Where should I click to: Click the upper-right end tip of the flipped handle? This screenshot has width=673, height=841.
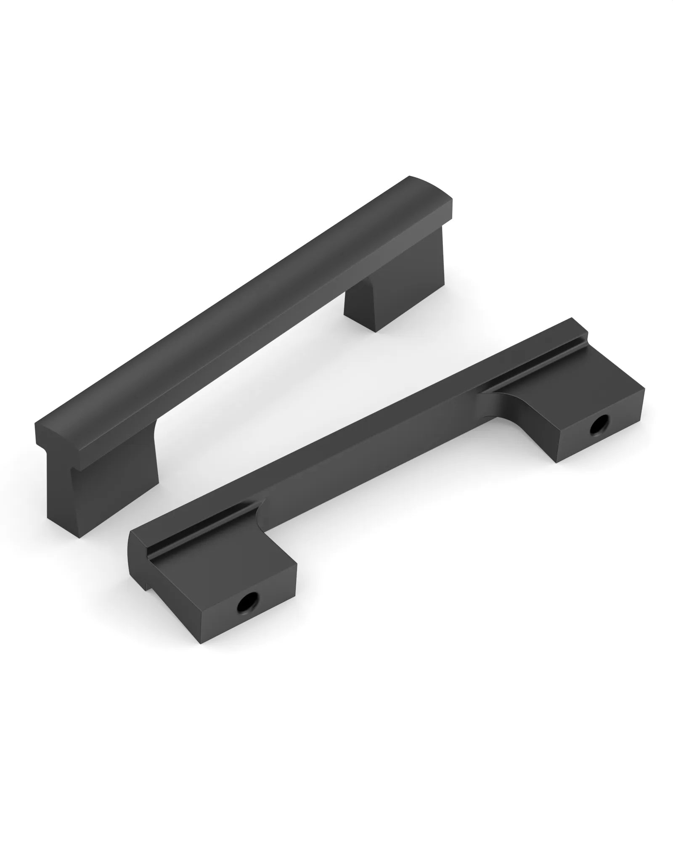[x=576, y=326]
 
